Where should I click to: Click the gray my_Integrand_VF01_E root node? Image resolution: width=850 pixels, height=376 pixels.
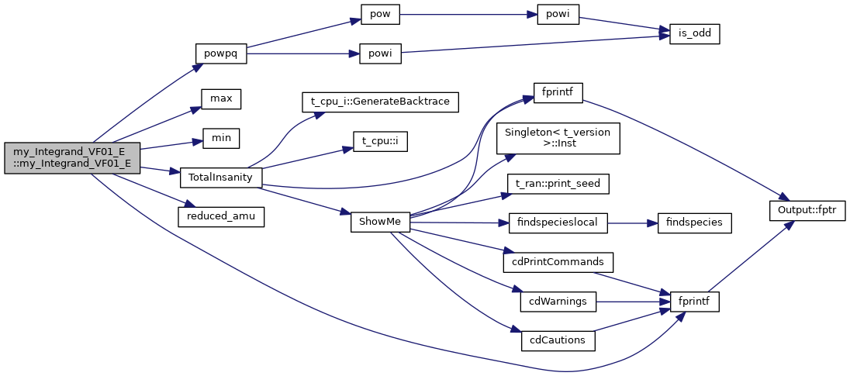tap(72, 157)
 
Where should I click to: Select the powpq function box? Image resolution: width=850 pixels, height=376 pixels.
tap(220, 53)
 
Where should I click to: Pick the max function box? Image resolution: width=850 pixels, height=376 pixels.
tap(221, 98)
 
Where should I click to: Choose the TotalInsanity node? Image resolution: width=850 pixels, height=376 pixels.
tap(221, 177)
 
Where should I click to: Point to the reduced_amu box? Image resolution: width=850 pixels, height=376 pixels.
tap(221, 216)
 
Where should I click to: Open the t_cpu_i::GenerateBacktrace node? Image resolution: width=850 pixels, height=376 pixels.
tap(380, 101)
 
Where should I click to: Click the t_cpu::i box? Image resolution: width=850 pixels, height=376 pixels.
tap(380, 142)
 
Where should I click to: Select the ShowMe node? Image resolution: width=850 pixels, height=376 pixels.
tap(379, 222)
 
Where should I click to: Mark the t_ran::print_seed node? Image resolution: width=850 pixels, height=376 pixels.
tap(558, 184)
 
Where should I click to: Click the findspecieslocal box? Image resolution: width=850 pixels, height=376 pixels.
tap(558, 222)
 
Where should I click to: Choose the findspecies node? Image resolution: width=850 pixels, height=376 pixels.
tap(694, 222)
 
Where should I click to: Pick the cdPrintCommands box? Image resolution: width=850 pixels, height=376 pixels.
tap(558, 261)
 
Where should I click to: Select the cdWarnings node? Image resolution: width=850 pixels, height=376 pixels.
tap(558, 301)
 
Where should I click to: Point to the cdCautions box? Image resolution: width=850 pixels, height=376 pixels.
tap(558, 340)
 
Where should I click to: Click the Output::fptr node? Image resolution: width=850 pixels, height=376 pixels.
tap(807, 210)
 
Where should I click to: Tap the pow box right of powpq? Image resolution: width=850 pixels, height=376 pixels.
tap(380, 14)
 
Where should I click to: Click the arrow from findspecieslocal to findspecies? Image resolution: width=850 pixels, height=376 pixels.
tap(631, 222)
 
